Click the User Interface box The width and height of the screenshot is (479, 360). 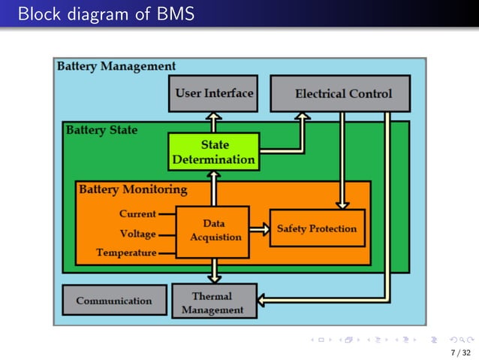(213, 94)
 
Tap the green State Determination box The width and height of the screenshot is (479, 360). (213, 152)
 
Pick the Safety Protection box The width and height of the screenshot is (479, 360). (317, 228)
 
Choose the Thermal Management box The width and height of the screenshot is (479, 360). (213, 302)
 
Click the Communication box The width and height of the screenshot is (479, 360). (114, 301)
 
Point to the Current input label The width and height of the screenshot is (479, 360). (137, 214)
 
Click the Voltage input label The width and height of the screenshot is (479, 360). (137, 234)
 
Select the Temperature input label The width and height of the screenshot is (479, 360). (126, 253)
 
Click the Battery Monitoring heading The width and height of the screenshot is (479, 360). (133, 189)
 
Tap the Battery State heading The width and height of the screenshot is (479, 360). (101, 130)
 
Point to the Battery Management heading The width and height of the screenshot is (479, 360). (116, 66)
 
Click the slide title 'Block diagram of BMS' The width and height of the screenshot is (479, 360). (105, 13)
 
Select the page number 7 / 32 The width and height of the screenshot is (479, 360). (459, 352)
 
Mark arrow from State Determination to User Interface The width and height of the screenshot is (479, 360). (214, 122)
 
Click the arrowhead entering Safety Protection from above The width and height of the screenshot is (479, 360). (342, 203)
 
